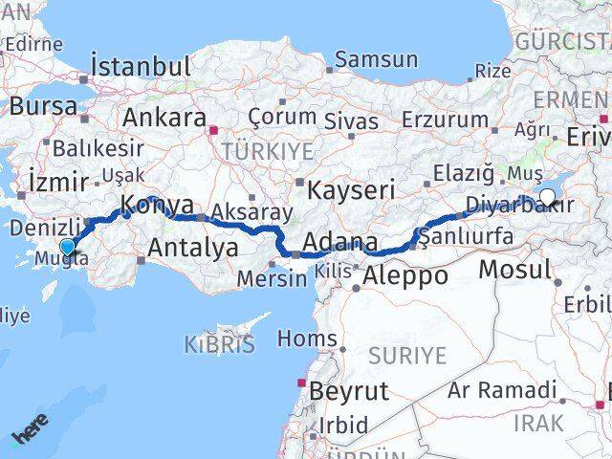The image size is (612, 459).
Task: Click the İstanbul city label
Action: (x=140, y=67)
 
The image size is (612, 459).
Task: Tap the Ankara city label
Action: (x=164, y=119)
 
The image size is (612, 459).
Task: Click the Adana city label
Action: (x=339, y=242)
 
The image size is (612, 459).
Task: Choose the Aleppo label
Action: (x=404, y=276)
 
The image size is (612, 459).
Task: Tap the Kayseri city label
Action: (x=349, y=188)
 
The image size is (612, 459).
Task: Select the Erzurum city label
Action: (x=445, y=120)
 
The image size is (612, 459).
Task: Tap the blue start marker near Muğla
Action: (x=67, y=248)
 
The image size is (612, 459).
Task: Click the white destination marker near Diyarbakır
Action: (x=547, y=199)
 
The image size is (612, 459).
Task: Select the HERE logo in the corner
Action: (x=30, y=433)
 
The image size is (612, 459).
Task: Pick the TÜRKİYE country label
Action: (x=267, y=151)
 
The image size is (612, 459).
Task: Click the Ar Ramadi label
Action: (x=502, y=390)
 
